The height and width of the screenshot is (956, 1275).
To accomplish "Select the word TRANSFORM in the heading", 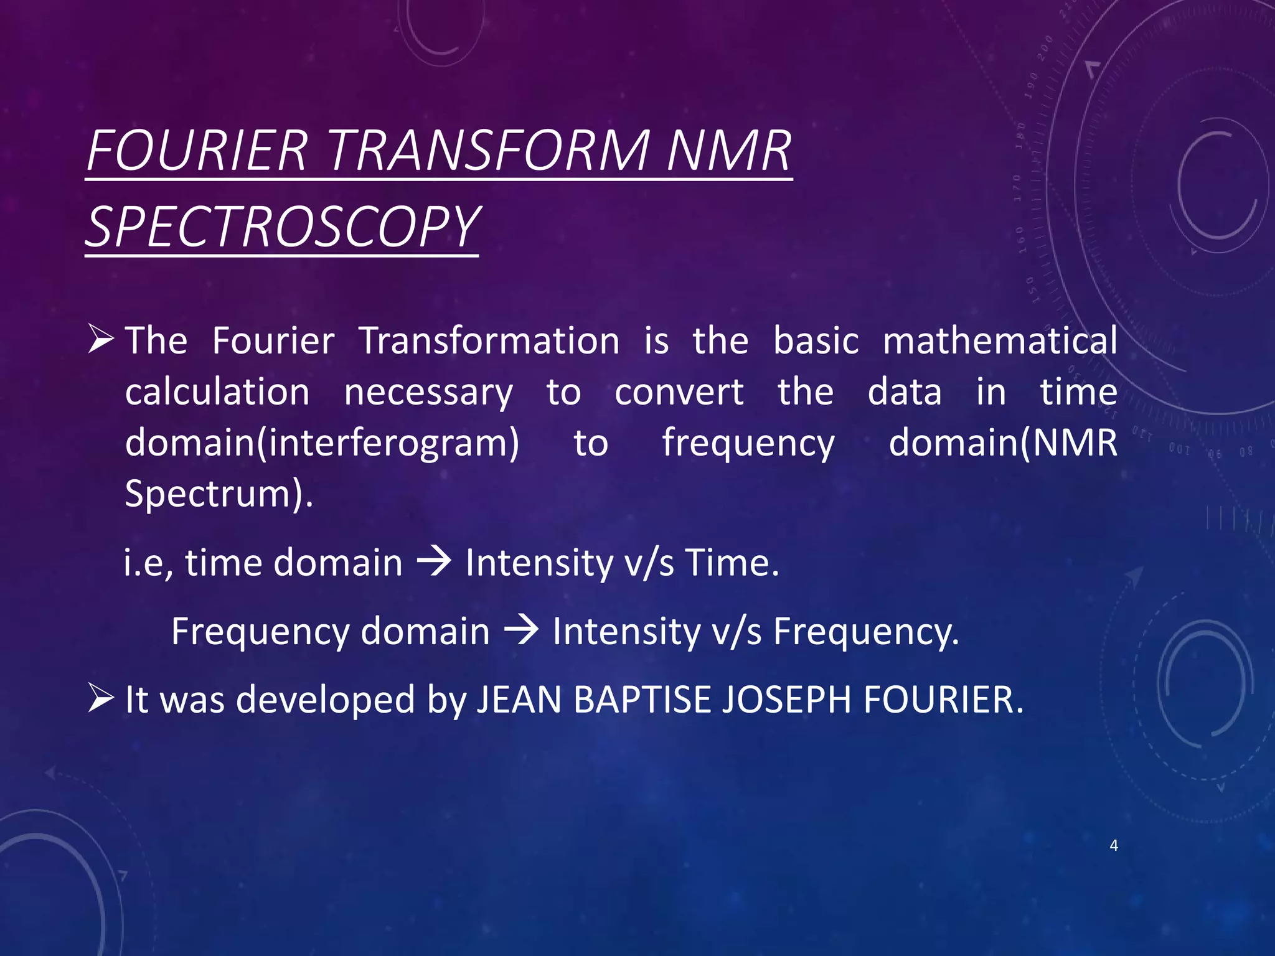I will coord(489,151).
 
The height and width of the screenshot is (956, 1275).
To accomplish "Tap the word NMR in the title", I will coord(728,151).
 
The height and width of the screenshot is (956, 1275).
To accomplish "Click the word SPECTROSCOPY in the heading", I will coord(281,227).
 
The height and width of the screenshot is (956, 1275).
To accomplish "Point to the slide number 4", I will coord(1114,845).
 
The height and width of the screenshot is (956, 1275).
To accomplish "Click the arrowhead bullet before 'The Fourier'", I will coord(100,339).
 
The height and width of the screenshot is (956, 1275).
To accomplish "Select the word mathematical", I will coord(1000,341).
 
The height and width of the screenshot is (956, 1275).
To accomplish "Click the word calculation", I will coord(217,392).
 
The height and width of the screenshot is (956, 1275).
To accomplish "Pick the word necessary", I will coord(428,393).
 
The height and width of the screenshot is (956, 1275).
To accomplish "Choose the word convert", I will coord(679,392).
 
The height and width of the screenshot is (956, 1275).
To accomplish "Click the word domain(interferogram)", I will coord(322,443).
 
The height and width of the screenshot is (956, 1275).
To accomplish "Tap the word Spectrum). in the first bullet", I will coord(219,494).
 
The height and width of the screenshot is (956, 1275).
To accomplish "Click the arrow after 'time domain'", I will coord(433,563).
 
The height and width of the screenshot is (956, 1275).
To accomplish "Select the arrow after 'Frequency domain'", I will coord(520,631).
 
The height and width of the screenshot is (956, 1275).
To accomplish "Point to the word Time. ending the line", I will coord(732,563).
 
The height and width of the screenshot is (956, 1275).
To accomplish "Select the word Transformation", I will coord(489,341).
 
